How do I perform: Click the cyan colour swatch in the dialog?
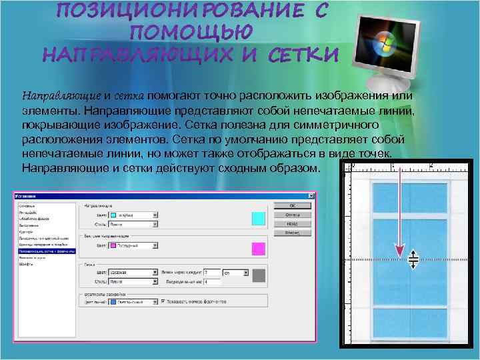click(x=258, y=219)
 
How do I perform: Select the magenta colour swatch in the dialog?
click(x=258, y=249)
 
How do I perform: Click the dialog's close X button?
click(x=310, y=196)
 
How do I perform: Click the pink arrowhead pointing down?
click(x=399, y=253)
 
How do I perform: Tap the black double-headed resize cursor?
click(x=413, y=259)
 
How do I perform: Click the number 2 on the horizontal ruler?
click(x=432, y=164)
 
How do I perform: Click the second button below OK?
click(x=292, y=224)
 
